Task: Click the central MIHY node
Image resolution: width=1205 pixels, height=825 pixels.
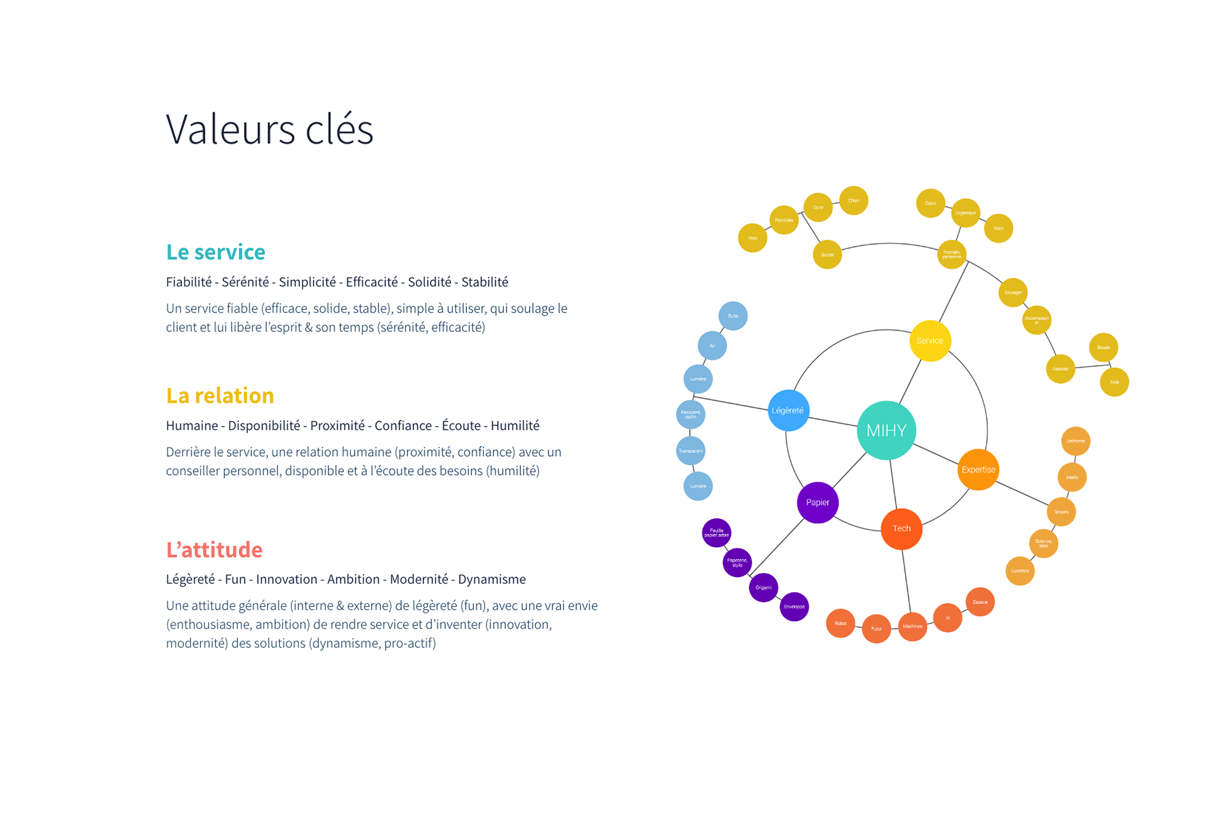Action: tap(886, 430)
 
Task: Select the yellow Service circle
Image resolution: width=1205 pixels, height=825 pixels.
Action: tap(929, 341)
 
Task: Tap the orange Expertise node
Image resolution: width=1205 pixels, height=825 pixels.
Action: tap(978, 469)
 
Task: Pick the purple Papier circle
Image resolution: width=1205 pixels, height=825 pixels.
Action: tap(817, 502)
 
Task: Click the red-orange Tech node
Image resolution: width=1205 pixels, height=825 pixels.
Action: tap(901, 528)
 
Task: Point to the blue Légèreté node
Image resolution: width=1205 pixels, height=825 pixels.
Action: tap(788, 410)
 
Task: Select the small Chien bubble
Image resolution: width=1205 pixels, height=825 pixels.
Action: tap(854, 201)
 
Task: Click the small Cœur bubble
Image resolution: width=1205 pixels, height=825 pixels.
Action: tap(930, 203)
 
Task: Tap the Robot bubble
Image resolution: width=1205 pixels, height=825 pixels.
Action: tap(840, 623)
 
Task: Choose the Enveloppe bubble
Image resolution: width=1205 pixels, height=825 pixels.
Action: tap(794, 607)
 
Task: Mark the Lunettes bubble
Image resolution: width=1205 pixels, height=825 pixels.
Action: tap(1020, 571)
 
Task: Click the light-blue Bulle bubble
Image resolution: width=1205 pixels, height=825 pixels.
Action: tap(732, 316)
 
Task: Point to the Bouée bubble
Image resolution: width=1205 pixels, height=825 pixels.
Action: tap(1103, 348)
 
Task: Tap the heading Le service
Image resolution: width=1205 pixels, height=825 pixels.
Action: tap(215, 252)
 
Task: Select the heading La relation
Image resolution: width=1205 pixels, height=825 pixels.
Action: tap(220, 396)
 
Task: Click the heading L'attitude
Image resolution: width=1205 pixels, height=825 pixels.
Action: tap(214, 550)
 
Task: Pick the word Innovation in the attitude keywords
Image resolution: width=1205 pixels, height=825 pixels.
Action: tap(286, 580)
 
